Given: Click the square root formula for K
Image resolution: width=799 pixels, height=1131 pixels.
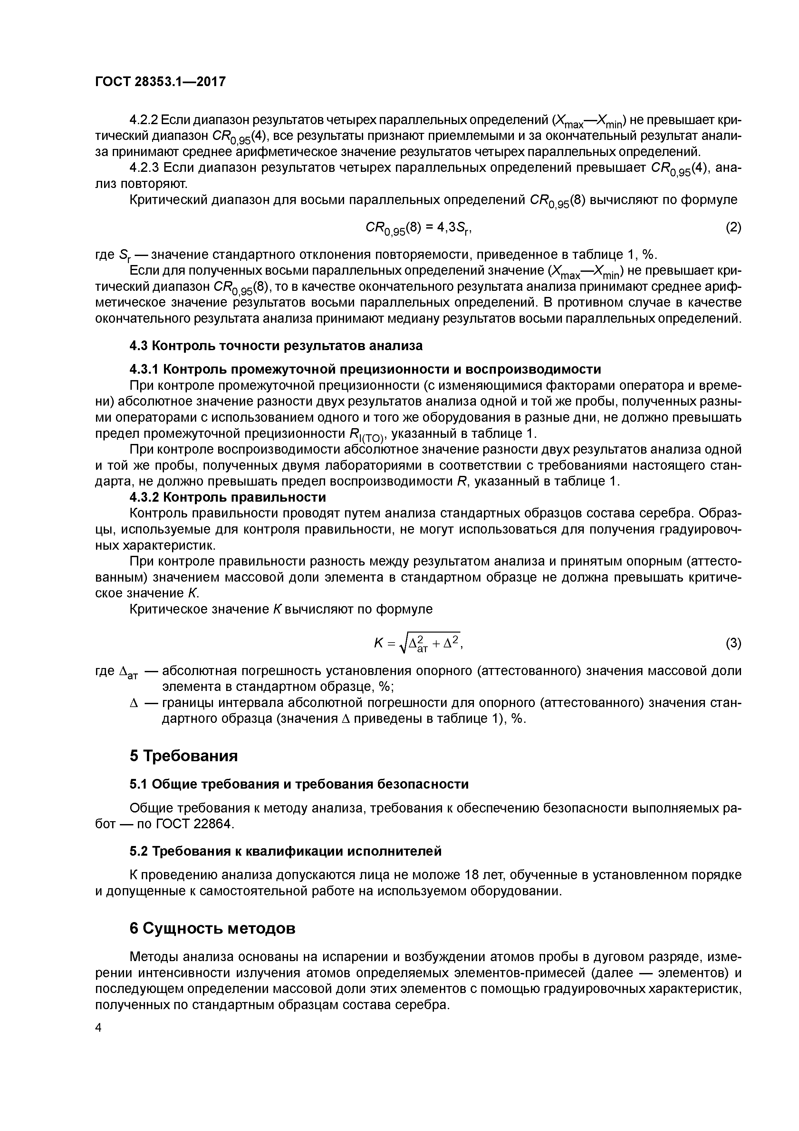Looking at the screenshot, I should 418,643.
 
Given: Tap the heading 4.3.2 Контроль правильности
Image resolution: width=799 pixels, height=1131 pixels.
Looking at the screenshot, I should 227,497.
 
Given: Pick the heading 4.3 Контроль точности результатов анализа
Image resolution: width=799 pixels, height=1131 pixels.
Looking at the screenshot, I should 276,346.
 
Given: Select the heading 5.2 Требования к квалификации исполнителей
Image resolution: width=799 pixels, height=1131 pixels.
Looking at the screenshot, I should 285,851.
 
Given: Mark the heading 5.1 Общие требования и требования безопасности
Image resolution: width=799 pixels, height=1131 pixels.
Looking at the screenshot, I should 299,784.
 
